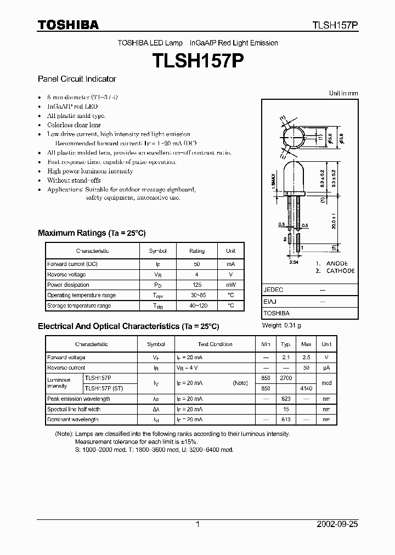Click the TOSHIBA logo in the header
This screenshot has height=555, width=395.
coord(68,25)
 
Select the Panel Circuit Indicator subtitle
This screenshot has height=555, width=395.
coord(77,79)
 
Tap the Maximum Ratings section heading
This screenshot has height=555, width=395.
coord(92,233)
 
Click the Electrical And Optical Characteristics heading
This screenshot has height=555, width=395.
coord(128,326)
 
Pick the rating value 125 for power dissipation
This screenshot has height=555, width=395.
coord(197,285)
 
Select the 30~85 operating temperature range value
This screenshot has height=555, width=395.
coord(197,296)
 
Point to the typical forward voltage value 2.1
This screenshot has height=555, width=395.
coord(286,358)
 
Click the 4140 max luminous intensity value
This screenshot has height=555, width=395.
coord(306,388)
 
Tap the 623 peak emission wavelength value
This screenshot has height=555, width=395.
coord(286,399)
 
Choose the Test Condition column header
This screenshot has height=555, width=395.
coord(215,344)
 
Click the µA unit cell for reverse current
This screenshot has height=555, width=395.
coord(326,368)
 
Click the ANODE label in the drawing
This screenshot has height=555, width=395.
coord(337,263)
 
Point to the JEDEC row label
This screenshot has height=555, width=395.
coord(273,289)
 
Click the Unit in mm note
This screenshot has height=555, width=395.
coord(343,93)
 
